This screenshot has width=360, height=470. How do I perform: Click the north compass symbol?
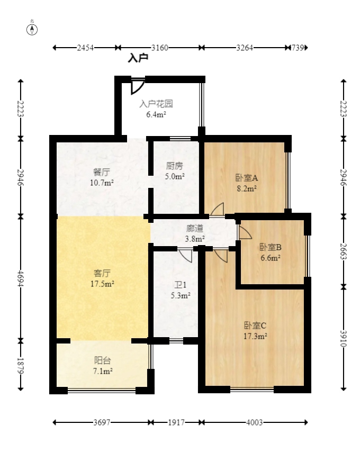click(x=32, y=29)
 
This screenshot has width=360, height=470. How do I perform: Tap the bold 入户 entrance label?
click(x=138, y=58)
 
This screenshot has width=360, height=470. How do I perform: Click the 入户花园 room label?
click(x=156, y=104)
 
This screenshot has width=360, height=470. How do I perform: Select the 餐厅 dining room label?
click(x=101, y=173)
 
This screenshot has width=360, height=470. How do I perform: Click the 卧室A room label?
click(x=246, y=178)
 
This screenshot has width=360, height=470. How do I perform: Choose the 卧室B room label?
click(x=270, y=247)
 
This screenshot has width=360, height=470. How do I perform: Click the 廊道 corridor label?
click(x=195, y=229)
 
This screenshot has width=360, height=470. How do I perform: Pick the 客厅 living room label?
click(x=102, y=273)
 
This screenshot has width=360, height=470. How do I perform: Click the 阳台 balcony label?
click(x=103, y=360)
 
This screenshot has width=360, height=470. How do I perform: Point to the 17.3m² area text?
click(x=255, y=336)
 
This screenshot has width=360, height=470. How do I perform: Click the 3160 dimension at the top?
click(x=159, y=48)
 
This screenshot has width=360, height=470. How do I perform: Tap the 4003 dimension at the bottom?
click(x=254, y=422)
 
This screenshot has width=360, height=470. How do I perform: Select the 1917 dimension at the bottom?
click(x=176, y=422)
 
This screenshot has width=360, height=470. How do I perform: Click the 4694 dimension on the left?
click(x=21, y=277)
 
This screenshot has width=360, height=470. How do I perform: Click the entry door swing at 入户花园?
click(x=137, y=86)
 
